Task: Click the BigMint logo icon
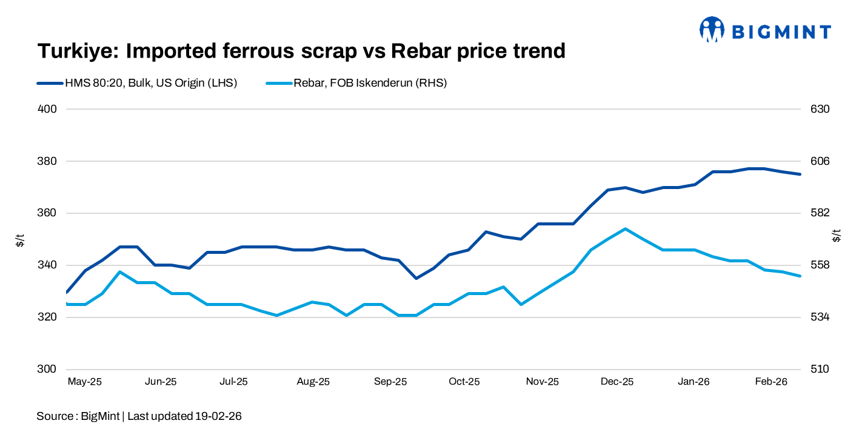[x=712, y=29]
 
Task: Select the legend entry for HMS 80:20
[x=136, y=84]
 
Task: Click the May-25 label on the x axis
[x=84, y=382]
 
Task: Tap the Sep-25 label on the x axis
[x=390, y=382]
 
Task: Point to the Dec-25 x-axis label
[x=617, y=382]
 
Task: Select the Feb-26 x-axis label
[x=770, y=382]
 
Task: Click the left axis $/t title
[x=20, y=239]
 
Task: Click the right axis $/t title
[x=837, y=236]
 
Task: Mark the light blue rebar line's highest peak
[x=625, y=229]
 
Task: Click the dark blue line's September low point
[x=416, y=278]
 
